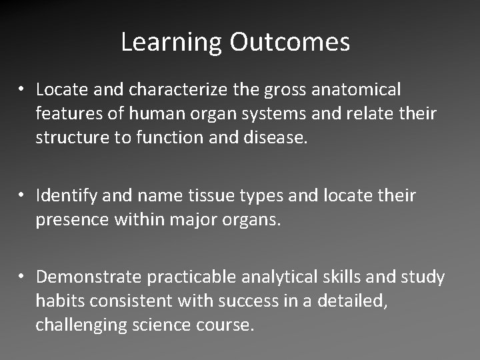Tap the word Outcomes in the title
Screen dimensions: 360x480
click(290, 43)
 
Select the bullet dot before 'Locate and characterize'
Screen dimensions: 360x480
click(23, 89)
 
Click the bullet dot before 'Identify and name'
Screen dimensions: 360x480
click(23, 196)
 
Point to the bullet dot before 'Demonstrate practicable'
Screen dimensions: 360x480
click(23, 277)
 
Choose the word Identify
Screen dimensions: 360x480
click(65, 195)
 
